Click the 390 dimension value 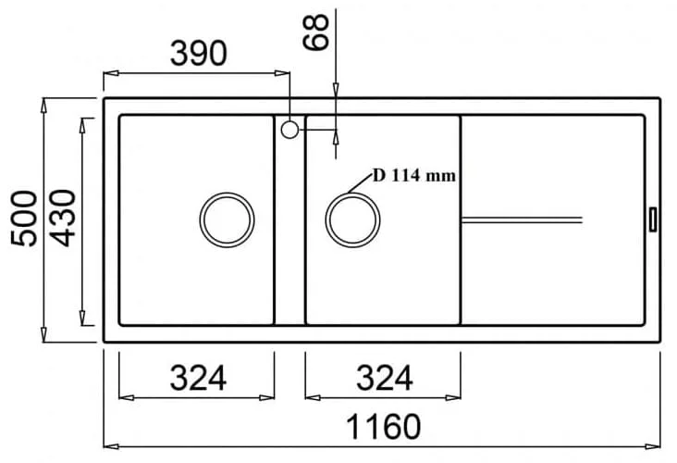point(198,54)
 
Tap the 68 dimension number point(316,32)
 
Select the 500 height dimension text point(24,219)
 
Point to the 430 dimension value point(63,219)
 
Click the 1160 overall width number point(384,427)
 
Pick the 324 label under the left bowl point(198,378)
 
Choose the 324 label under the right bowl point(384,378)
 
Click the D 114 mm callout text point(414,176)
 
